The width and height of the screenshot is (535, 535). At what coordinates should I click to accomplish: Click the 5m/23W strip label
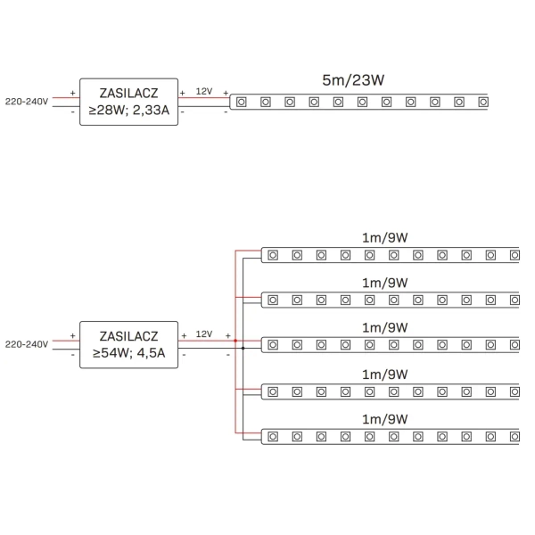353,80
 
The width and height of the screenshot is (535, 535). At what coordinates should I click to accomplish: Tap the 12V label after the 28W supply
204,91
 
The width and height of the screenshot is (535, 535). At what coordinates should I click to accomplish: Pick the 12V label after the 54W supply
204,333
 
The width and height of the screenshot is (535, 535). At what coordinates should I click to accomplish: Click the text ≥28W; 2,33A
129,113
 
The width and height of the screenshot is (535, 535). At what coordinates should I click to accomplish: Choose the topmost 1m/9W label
385,237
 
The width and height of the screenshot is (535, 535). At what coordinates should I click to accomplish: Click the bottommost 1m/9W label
385,419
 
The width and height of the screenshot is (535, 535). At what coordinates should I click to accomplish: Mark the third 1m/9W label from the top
385,328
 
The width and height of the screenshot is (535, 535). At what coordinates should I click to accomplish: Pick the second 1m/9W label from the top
385,283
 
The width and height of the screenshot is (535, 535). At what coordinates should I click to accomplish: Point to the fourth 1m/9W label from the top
385,374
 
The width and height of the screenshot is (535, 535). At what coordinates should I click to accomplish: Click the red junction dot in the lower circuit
235,341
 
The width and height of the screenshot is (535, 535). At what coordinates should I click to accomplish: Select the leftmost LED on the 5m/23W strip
241,102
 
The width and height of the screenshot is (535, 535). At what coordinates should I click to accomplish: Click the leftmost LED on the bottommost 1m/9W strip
272,436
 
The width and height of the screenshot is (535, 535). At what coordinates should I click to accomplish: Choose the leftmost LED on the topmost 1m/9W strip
272,254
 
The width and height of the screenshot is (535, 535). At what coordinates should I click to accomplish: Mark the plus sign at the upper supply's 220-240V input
72,92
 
